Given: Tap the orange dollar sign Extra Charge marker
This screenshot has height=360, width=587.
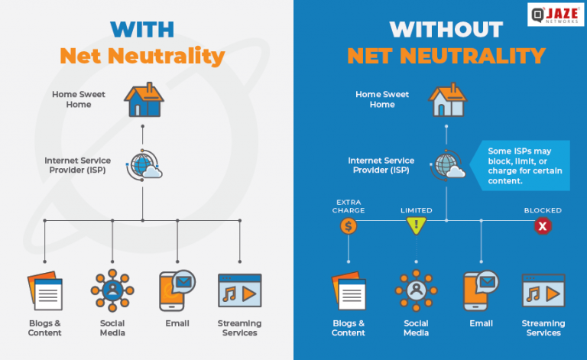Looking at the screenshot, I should tap(348, 226).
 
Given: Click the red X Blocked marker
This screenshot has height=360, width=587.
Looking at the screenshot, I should tap(543, 226).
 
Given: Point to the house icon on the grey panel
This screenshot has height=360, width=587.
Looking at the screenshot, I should tap(143, 100).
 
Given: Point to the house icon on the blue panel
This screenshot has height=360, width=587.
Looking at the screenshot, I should tap(447, 100).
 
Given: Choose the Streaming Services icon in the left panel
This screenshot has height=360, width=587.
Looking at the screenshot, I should tap(239, 292).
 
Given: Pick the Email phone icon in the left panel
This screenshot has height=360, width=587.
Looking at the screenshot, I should tap(176, 290).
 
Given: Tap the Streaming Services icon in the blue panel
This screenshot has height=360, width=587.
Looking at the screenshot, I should tap(543, 292).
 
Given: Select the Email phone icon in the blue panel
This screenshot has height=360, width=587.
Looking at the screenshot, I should tap(480, 290).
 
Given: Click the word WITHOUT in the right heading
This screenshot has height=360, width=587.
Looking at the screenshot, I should tap(446, 29).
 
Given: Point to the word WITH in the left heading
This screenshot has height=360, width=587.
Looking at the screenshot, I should tap(143, 29).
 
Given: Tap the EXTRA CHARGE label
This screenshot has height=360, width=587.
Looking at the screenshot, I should tap(348, 206).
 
